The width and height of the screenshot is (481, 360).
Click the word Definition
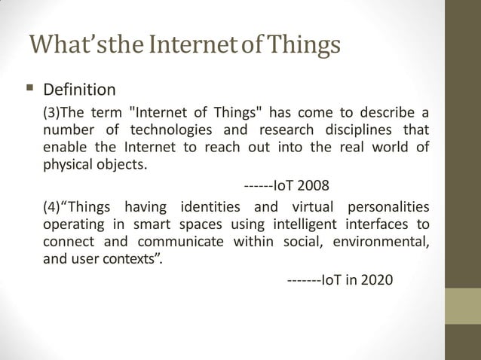click(x=79, y=90)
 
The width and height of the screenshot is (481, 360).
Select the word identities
click(x=211, y=207)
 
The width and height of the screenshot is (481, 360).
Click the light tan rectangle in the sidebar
click(x=464, y=308)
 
